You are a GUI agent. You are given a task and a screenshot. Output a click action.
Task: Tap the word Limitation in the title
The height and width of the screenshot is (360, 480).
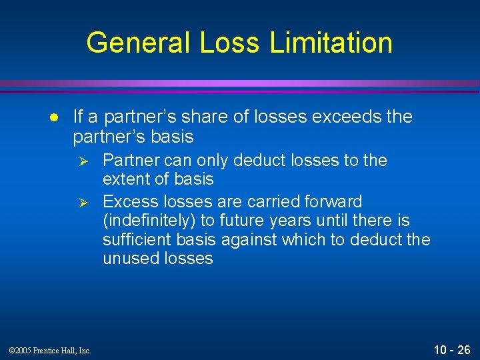click(x=331, y=43)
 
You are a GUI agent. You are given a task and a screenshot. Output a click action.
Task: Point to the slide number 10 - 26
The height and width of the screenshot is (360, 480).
click(x=452, y=349)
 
